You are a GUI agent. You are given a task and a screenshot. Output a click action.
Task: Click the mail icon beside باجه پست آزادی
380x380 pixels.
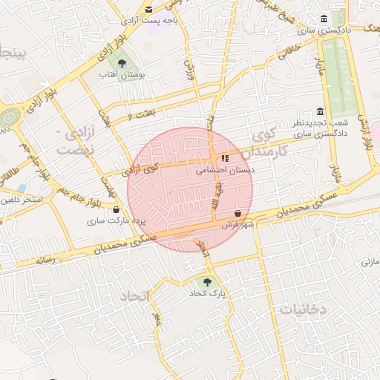[x=149, y=10]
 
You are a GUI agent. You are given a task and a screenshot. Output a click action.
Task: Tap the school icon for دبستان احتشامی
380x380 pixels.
[x=225, y=157]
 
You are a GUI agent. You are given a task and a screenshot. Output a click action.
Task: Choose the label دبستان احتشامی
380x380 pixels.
[x=225, y=169]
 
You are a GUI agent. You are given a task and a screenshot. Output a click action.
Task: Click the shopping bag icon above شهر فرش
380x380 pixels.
[x=237, y=213]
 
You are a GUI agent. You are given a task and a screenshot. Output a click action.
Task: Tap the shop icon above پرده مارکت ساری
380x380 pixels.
[x=115, y=210]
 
